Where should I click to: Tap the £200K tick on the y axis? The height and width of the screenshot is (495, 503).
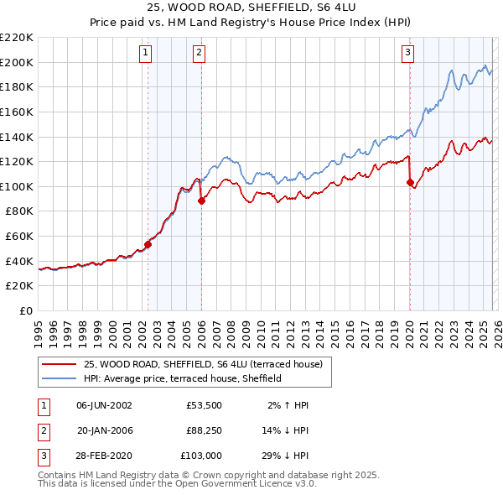[x=17, y=62]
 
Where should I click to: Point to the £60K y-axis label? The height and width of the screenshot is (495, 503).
[x=19, y=237]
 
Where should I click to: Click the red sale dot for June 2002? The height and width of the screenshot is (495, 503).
[x=148, y=245]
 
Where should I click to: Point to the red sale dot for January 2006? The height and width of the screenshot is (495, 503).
[x=201, y=201]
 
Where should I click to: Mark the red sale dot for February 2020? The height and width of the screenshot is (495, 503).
[x=410, y=182]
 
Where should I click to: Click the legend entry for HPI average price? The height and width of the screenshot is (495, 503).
[x=183, y=378]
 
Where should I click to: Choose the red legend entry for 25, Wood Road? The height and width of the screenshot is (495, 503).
[x=208, y=363]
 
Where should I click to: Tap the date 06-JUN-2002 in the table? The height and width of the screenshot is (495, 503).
[x=104, y=404]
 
